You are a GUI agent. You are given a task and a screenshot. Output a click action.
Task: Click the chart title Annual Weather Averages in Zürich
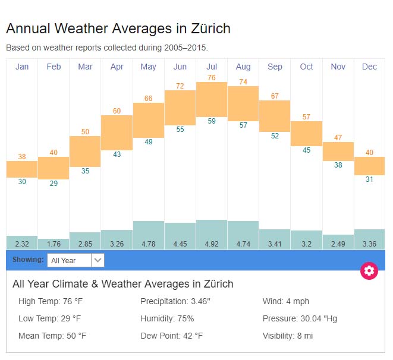[118, 29]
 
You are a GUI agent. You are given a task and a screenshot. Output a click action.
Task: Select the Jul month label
[211, 67]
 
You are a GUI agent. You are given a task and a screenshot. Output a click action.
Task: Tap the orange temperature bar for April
[117, 132]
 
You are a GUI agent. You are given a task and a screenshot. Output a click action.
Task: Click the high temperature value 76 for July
[211, 78]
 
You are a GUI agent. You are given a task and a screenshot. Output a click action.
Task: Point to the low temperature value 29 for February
[54, 184]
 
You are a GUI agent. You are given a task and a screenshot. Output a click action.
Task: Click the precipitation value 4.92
[211, 244]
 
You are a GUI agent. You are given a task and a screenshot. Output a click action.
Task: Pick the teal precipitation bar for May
[148, 229]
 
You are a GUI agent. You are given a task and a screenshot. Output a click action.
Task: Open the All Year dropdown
[76, 260]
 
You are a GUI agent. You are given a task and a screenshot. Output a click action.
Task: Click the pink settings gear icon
[369, 271]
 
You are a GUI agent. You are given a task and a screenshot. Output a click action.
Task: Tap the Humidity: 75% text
[167, 318]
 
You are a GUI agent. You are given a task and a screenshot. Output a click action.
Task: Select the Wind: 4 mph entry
[286, 301]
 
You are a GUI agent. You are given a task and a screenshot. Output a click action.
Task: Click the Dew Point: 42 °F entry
[171, 336]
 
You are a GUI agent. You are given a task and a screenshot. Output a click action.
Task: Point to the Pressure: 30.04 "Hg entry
[300, 318]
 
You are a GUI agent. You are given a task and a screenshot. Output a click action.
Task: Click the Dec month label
[369, 67]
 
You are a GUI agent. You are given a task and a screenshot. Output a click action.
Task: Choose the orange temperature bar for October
[306, 134]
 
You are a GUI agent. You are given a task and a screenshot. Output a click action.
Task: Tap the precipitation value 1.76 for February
[54, 244]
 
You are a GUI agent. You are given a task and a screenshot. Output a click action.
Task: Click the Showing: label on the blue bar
[28, 260]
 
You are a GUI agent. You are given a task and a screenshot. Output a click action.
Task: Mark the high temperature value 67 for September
[275, 96]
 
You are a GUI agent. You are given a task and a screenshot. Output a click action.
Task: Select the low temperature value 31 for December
[369, 179]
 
